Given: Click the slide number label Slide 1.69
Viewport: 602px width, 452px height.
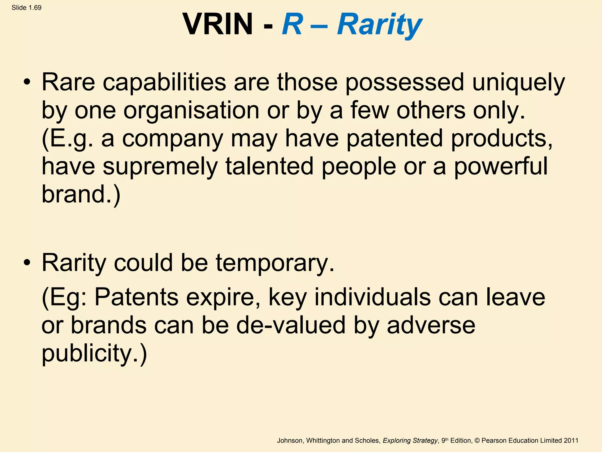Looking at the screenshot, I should (x=26, y=8).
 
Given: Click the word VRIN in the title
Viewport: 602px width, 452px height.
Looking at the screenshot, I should (x=218, y=24).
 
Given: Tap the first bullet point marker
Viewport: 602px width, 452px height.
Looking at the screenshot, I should (x=27, y=82).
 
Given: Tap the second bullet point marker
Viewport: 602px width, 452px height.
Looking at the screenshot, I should (x=27, y=262).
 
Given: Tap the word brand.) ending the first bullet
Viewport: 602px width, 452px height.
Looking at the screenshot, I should (x=81, y=194).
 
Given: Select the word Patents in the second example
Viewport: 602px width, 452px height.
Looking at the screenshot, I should (x=136, y=297).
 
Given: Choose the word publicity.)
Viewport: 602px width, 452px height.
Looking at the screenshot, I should (x=94, y=354).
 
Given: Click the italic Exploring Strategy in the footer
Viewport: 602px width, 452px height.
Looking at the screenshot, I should (x=410, y=441).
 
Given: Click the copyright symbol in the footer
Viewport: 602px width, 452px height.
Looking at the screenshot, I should (x=477, y=441).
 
